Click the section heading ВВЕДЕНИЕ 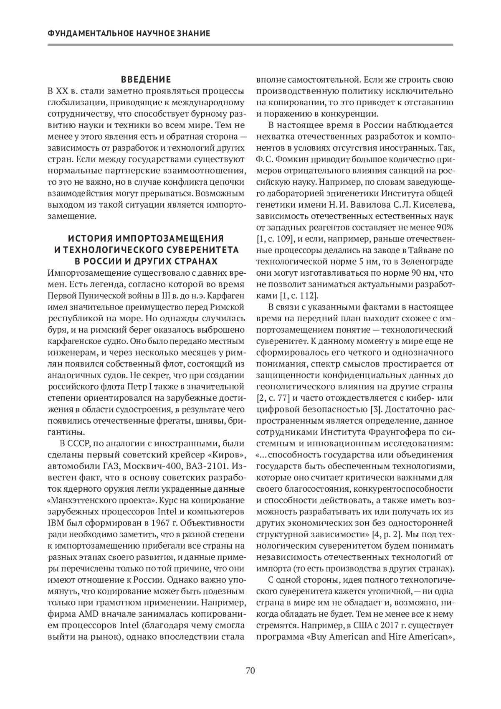point(146,79)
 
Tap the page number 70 point(250,671)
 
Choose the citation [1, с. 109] point(276,239)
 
